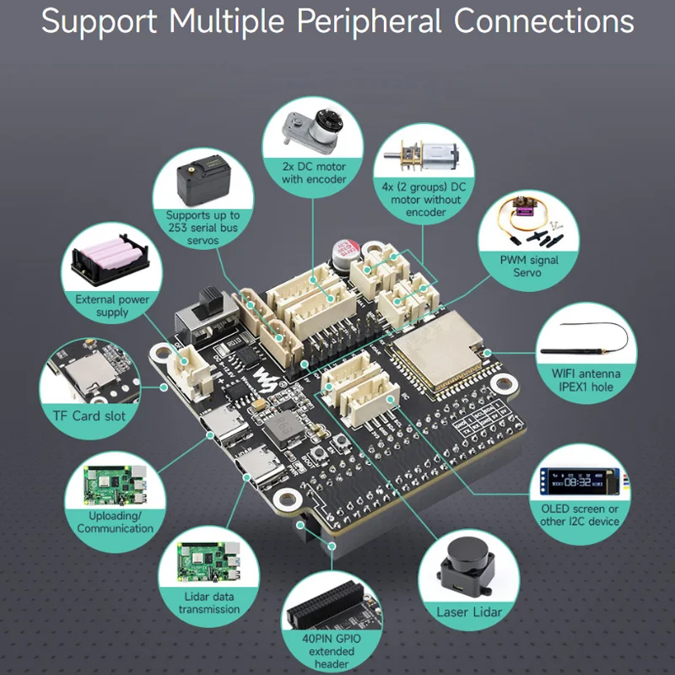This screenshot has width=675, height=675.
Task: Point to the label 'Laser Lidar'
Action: [x=469, y=612]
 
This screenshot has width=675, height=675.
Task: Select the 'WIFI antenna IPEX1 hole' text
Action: [x=586, y=380]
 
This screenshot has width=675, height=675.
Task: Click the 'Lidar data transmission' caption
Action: [x=208, y=602]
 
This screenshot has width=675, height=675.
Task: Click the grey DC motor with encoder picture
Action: [x=313, y=132]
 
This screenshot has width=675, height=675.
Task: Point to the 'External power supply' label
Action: [x=113, y=306]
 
